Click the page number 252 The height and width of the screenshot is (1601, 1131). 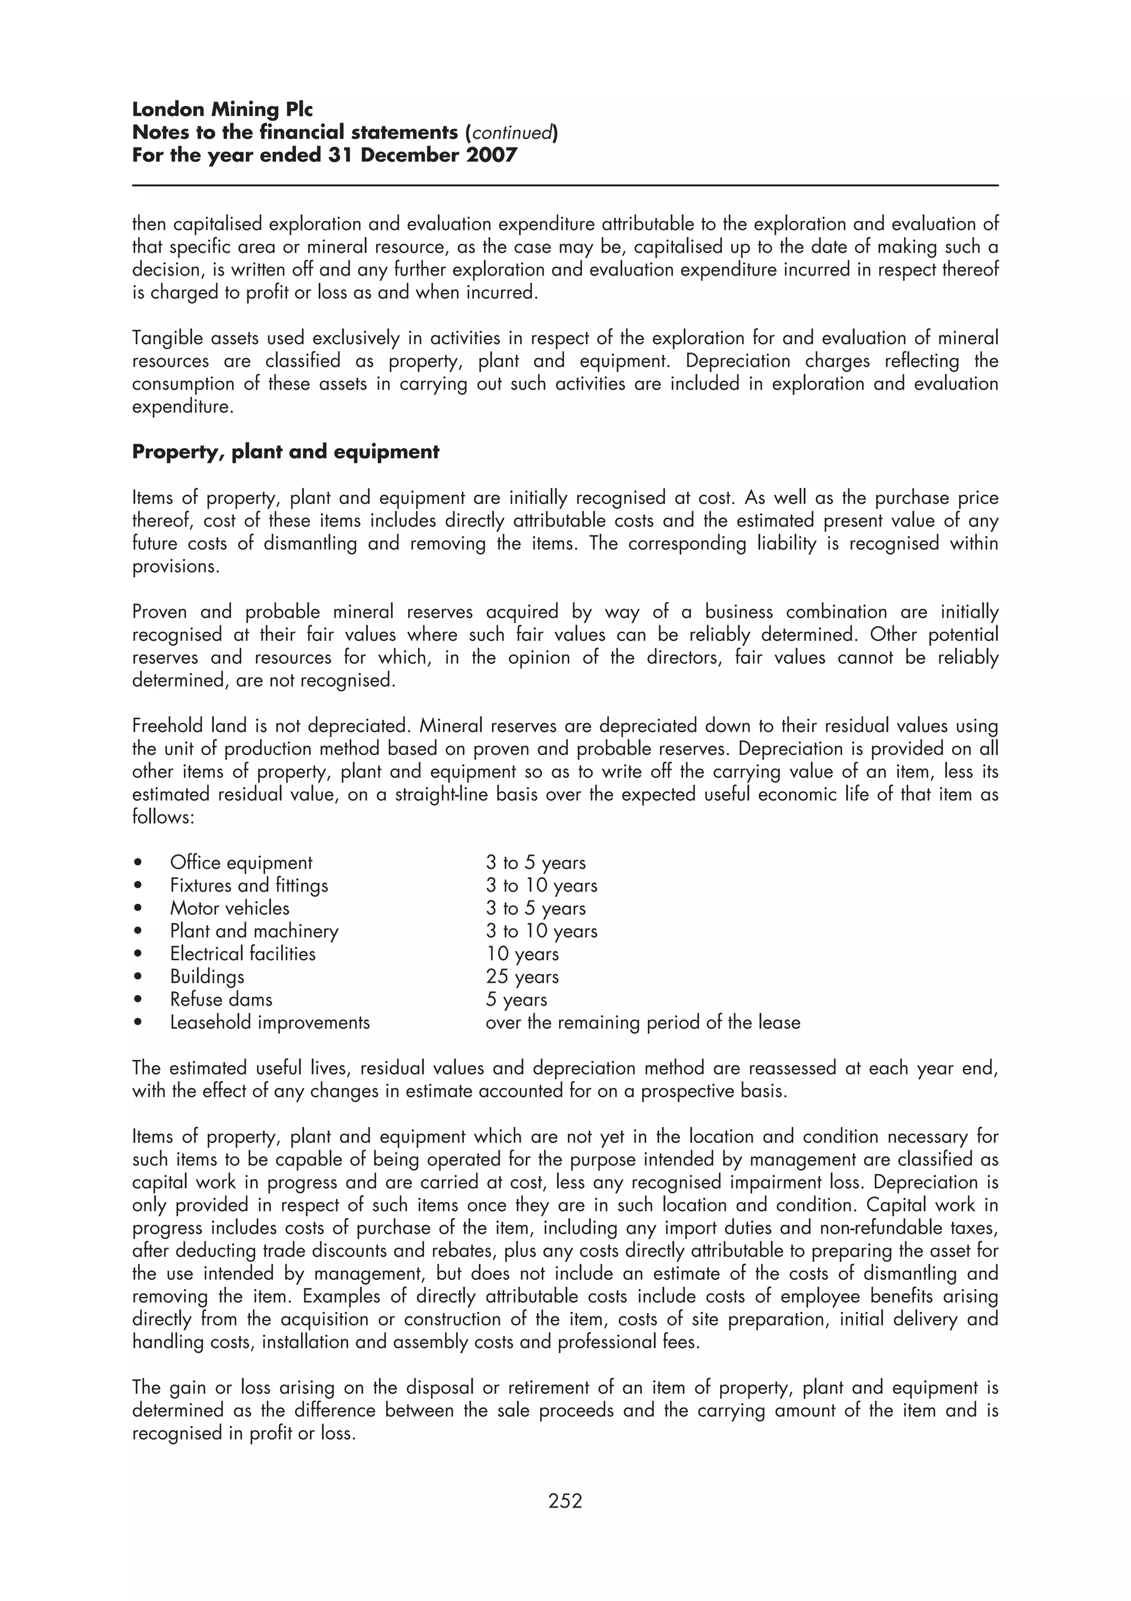coord(564,1500)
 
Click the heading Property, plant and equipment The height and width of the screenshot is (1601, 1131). coord(286,452)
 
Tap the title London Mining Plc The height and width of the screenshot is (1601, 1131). coord(223,109)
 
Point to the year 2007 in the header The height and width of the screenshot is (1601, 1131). coord(492,155)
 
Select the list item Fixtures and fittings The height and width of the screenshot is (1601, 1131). coord(249,886)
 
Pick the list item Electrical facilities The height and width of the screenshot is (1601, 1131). coord(242,954)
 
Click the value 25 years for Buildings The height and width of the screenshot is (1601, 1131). coord(522,977)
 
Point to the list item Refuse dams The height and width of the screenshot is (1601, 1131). coord(221,999)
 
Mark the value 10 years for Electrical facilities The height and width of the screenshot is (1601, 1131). coord(522,954)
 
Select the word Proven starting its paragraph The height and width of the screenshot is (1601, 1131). coord(160,612)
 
